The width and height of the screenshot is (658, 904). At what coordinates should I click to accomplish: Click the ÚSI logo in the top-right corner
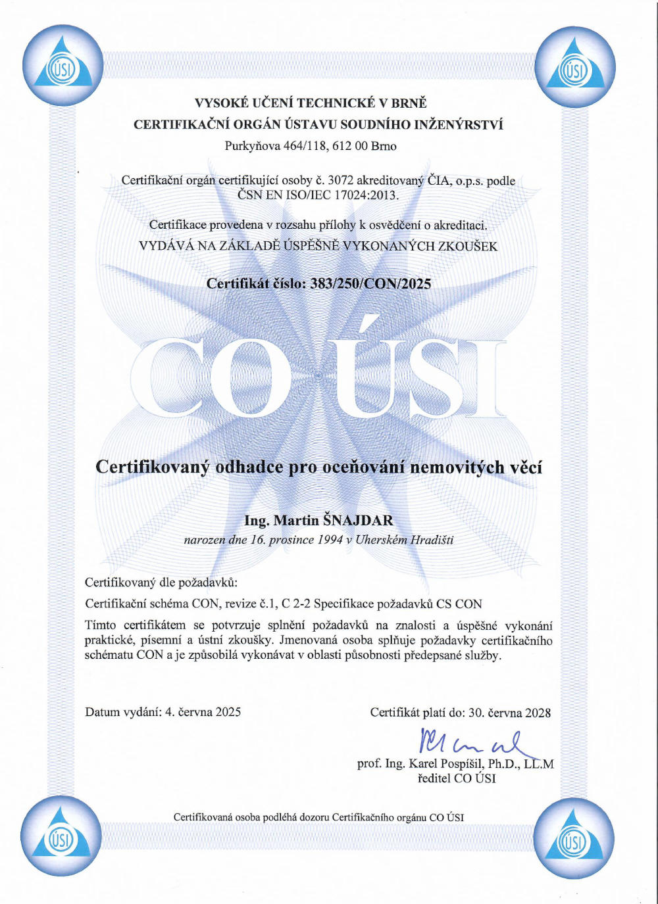coord(574,66)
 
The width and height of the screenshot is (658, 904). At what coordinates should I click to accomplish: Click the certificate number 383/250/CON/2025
coord(370,283)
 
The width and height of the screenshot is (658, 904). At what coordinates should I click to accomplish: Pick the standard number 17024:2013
coord(366,195)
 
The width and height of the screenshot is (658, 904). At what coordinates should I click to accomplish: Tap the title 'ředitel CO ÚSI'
coord(457,778)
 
